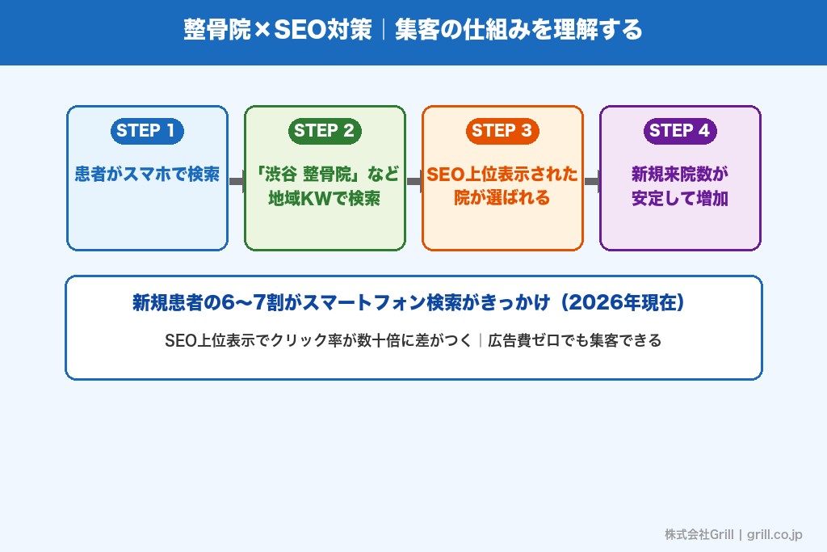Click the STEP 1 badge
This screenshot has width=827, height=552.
coord(147,131)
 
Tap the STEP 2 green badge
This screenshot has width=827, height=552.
coord(325,131)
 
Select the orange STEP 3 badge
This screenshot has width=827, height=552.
coord(502,131)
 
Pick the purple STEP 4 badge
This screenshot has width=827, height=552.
coord(680,131)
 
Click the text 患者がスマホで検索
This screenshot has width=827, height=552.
coord(147,175)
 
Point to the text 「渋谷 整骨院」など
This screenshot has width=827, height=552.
coord(325,175)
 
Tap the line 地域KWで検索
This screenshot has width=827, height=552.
coord(325,198)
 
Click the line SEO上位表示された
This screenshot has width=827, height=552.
coord(502,175)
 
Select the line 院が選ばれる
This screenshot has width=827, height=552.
coord(502,198)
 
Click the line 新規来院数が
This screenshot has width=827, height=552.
coord(680,175)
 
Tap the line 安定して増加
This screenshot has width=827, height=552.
coord(680,198)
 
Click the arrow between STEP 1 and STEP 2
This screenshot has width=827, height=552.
coord(237,182)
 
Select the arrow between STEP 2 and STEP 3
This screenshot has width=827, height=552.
coord(414,182)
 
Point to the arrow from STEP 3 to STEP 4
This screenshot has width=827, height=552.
coord(592,182)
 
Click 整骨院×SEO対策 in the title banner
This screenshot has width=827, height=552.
coord(278,30)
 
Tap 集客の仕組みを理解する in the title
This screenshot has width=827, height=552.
coord(518,30)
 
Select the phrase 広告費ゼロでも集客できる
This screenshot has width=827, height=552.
coord(574,340)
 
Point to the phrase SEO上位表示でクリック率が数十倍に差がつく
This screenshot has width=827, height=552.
coord(318,340)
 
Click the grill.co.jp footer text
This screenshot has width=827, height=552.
coord(775,534)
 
